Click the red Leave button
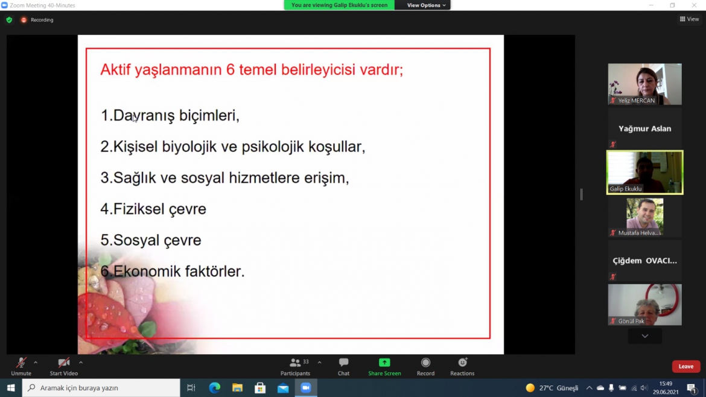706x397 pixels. pos(685,366)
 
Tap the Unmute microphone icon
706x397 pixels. pos(21,363)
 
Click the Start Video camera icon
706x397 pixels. pos(63,363)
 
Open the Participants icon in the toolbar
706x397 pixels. pos(295,363)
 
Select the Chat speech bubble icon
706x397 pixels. pos(343,363)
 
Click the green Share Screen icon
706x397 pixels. pos(384,363)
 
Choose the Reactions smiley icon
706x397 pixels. pos(462,363)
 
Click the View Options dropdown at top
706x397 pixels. pos(426,5)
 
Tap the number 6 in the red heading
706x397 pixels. pos(231,70)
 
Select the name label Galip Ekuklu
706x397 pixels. pos(625,189)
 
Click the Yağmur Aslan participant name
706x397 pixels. pos(645,129)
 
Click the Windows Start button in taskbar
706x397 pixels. pos(11,387)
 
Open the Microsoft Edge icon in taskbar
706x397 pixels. pos(214,387)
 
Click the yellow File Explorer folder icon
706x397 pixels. pos(237,387)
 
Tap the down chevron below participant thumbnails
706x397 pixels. pos(645,336)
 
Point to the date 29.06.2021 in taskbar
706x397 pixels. pos(666,392)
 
